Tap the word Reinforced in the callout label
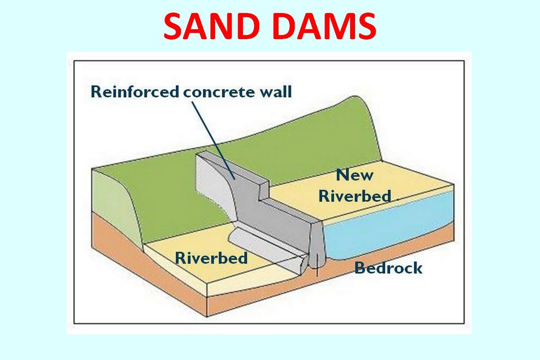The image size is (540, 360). pos(135,92)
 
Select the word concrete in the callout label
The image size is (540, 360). pos(219,92)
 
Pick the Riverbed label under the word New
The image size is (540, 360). pos(355,196)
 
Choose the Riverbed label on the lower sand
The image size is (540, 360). pos(211,257)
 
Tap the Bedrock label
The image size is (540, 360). pos(388,268)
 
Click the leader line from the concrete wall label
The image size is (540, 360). pos(213,140)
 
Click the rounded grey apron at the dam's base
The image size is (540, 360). pos(265,251)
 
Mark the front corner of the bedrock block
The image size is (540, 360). pos(207,316)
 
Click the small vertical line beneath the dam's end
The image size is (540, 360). pos(317,265)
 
